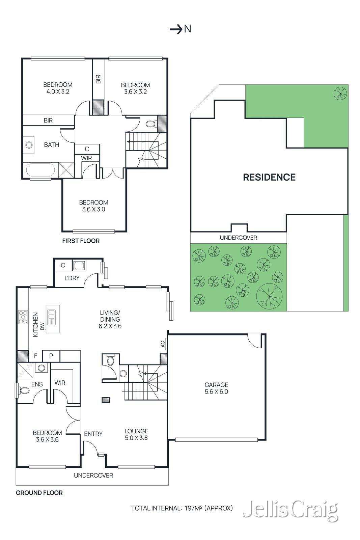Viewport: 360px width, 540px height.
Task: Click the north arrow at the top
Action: click(x=176, y=30)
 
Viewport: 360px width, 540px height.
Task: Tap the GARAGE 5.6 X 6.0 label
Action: click(x=216, y=388)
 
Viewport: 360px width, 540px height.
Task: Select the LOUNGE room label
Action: click(x=136, y=431)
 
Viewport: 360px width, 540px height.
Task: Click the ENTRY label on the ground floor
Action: click(x=93, y=434)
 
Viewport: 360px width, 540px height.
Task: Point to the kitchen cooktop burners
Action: click(x=23, y=317)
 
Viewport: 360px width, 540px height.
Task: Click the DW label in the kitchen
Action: click(x=43, y=326)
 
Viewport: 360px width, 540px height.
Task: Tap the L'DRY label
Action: click(x=72, y=278)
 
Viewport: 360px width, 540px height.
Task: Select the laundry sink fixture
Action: click(x=78, y=265)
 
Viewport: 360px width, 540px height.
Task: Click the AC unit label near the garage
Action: click(x=163, y=344)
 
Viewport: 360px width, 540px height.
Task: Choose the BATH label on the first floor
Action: click(x=52, y=145)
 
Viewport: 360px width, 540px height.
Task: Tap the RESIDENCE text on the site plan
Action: click(x=269, y=177)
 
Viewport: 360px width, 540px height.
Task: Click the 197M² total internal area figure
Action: click(x=193, y=508)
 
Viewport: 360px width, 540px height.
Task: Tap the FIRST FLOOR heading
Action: click(x=81, y=241)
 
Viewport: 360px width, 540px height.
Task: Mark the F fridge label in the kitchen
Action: click(x=36, y=356)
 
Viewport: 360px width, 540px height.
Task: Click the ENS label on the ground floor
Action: click(x=37, y=384)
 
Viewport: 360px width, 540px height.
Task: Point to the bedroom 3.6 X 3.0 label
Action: click(x=93, y=206)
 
